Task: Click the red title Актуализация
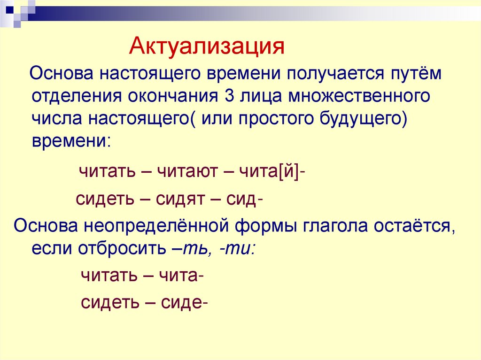[207, 47]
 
